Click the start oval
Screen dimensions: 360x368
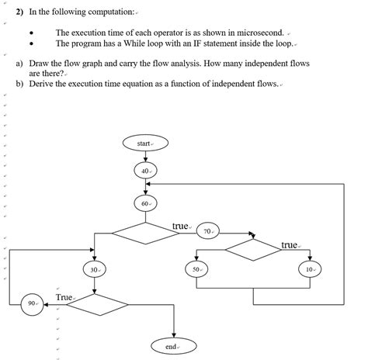(144, 144)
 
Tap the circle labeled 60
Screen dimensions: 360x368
(144, 203)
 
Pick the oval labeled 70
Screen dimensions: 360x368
(207, 231)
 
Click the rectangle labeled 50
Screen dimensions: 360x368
(196, 268)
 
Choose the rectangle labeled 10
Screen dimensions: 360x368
(310, 268)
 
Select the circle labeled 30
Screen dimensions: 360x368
(95, 268)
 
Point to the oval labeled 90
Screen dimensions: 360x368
(33, 304)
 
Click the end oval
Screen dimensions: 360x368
(172, 346)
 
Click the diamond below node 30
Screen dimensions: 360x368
(94, 304)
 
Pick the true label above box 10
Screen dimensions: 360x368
(290, 245)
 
